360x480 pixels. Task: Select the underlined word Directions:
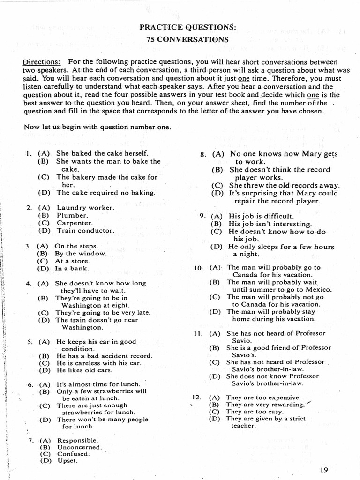42,62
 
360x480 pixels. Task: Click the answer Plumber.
72,215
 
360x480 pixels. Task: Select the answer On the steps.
76,246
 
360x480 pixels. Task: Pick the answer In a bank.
72,269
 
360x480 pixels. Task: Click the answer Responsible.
78,440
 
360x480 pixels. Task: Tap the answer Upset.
67,460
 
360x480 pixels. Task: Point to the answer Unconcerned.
79,447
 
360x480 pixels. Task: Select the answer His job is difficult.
261,217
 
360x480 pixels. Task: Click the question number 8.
203,154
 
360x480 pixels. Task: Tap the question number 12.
196,397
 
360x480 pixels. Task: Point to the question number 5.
30,342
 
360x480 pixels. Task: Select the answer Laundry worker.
85,207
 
